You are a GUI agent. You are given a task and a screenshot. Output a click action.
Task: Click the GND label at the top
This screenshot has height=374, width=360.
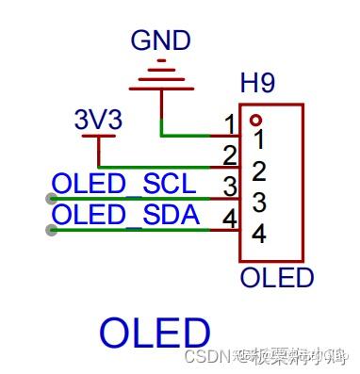pyautogui.click(x=161, y=41)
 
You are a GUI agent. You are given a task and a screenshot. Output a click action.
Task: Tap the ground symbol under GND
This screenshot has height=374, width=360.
pyautogui.click(x=161, y=75)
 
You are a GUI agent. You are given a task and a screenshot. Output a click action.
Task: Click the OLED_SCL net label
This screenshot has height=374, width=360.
pyautogui.click(x=124, y=184)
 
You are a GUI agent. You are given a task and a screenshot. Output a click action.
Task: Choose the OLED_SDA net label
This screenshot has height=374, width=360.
pyautogui.click(x=126, y=216)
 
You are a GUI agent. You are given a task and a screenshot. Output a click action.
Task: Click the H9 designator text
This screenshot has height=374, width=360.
pyautogui.click(x=257, y=85)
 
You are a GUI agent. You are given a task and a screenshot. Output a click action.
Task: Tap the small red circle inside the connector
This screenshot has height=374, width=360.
pyautogui.click(x=254, y=121)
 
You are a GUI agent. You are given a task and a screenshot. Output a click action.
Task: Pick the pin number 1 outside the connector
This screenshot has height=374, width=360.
pyautogui.click(x=229, y=123)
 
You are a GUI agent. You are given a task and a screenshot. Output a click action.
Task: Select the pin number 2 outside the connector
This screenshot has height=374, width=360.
pyautogui.click(x=229, y=154)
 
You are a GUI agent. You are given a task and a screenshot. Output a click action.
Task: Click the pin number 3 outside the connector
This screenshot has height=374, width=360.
pyautogui.click(x=229, y=186)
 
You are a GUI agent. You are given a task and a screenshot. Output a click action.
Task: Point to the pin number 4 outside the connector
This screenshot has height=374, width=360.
pyautogui.click(x=229, y=218)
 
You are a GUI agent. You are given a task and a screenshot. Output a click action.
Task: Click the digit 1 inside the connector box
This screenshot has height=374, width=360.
pyautogui.click(x=259, y=142)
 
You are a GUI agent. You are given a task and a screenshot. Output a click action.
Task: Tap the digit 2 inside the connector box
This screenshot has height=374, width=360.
pyautogui.click(x=259, y=171)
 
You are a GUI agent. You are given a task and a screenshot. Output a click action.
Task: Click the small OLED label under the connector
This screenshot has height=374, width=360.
pyautogui.click(x=276, y=278)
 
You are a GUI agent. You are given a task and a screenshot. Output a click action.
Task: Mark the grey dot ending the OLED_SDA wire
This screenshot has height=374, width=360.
pyautogui.click(x=51, y=230)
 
